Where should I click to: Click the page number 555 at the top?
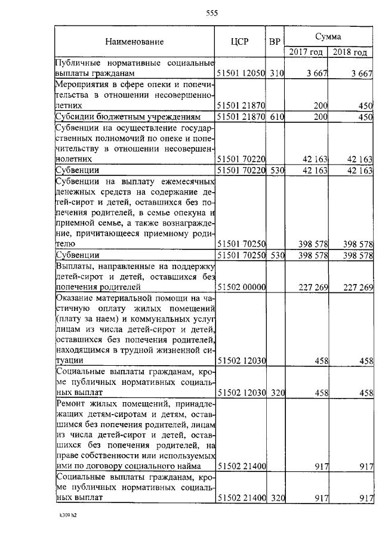click(211, 14)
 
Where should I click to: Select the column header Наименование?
click(134, 42)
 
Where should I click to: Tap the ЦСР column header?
click(240, 42)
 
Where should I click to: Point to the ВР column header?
click(275, 42)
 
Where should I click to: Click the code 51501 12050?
click(241, 73)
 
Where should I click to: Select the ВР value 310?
click(275, 73)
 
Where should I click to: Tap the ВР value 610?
click(275, 116)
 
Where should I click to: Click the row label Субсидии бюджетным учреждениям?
click(132, 116)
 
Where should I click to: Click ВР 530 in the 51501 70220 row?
click(275, 171)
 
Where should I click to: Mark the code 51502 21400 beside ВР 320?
click(241, 496)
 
